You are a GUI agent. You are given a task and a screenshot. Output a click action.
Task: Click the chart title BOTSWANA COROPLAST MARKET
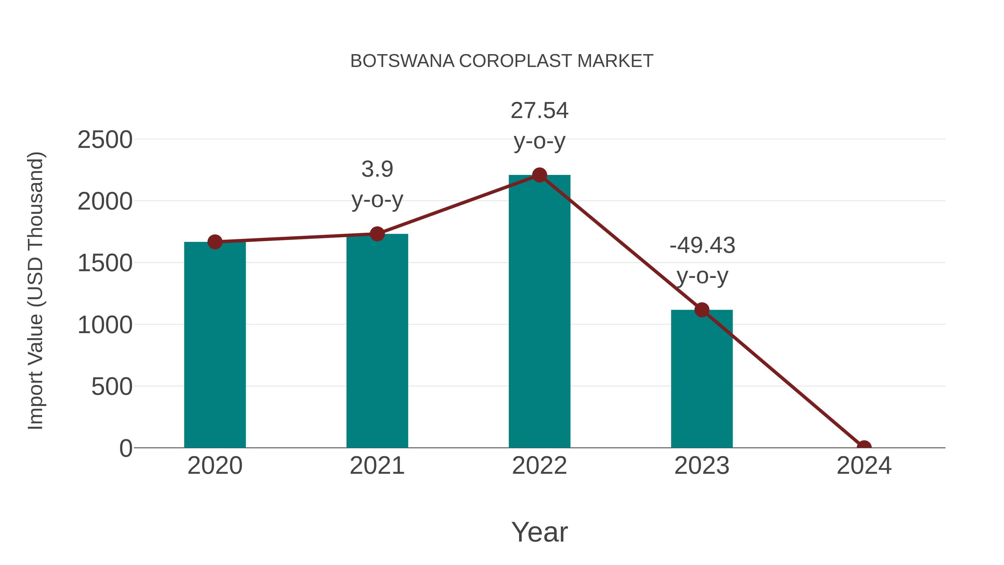pos(502,61)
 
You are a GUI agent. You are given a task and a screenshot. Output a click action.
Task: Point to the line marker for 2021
pos(377,234)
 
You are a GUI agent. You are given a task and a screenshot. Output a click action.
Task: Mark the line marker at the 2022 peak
pos(539,175)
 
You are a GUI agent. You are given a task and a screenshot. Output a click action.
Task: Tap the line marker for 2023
pos(702,310)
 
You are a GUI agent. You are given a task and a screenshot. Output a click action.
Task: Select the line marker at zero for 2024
pos(864,447)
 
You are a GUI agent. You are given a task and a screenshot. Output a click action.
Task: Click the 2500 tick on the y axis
pos(105,140)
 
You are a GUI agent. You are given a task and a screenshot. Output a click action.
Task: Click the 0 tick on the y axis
pos(126,448)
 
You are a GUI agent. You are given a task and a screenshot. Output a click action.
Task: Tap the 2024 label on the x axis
pos(864,466)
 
